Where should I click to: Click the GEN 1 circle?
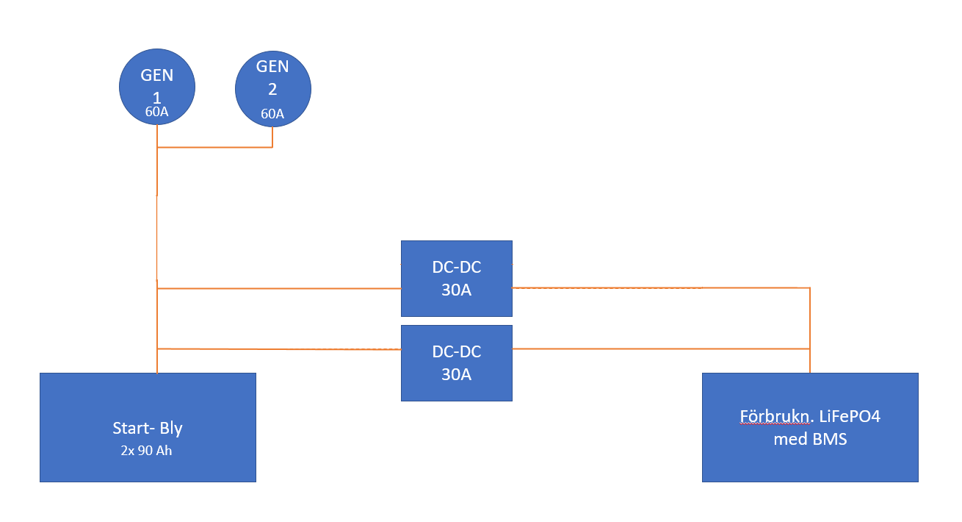(156, 87)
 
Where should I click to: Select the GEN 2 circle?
(272, 89)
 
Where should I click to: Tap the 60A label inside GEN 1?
(156, 112)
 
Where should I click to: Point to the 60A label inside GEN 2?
(272, 113)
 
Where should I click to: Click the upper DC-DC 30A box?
(457, 279)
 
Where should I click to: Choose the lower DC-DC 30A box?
(457, 363)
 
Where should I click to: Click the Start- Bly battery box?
(148, 427)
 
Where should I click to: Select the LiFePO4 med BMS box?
(810, 427)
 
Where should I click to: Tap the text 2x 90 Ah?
(146, 450)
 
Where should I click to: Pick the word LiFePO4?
(850, 416)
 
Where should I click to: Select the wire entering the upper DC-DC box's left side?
(279, 288)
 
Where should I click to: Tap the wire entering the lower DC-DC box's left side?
(279, 349)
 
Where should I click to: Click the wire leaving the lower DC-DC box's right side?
(661, 348)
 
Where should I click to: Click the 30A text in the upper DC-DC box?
(457, 290)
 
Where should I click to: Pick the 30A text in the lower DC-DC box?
(457, 374)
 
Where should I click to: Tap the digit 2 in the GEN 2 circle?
(272, 90)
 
